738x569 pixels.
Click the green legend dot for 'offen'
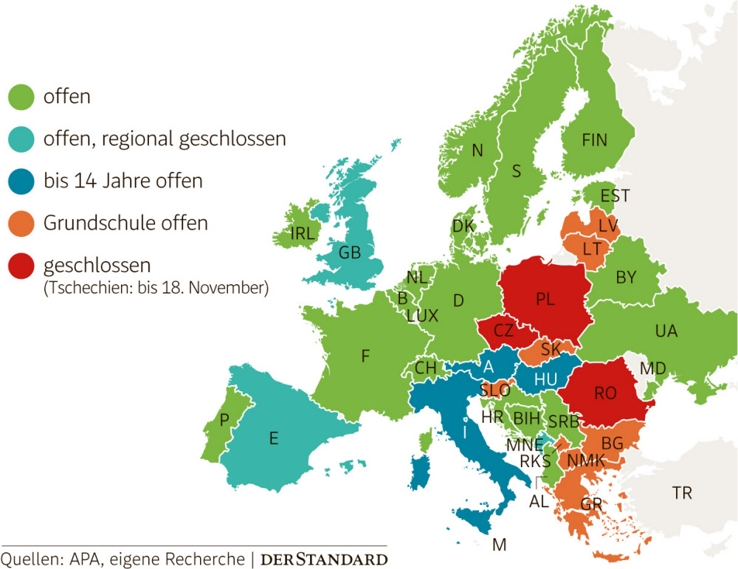21,97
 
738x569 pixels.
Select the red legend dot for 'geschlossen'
21,266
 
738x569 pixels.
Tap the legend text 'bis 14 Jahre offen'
123,181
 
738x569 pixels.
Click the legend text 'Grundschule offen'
125,223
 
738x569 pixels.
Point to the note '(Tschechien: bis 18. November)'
155,287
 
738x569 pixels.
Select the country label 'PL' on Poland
545,300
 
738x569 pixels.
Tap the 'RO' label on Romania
605,394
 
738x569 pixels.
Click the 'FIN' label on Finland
596,139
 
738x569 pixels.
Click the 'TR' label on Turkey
682,492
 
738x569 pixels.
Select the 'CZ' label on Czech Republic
503,331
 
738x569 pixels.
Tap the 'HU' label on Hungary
545,379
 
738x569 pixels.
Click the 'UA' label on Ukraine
666,331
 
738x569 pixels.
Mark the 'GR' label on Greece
591,505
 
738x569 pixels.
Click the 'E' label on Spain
273,438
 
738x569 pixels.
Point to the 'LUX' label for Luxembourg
422,316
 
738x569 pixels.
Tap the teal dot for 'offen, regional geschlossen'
21,139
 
